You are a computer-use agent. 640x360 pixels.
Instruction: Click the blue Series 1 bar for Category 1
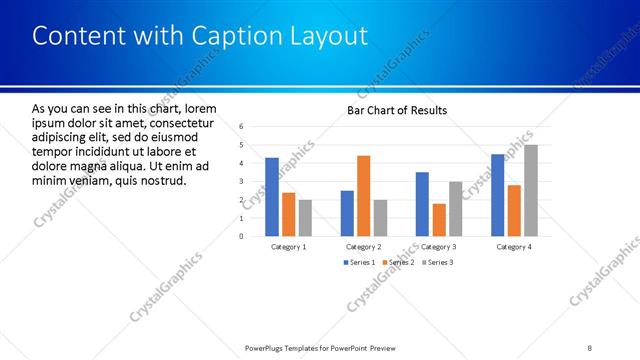[272, 197]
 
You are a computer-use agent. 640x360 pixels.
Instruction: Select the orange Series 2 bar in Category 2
[363, 196]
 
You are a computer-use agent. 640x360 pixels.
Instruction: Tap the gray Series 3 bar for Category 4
[530, 190]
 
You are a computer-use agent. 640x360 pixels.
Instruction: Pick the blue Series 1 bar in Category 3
[422, 204]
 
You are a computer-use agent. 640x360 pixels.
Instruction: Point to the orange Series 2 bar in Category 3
[438, 220]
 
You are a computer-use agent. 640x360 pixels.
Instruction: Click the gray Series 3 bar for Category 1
[305, 218]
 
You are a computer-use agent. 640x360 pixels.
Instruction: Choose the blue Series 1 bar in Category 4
[498, 195]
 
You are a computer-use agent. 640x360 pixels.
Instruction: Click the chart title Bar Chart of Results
[397, 110]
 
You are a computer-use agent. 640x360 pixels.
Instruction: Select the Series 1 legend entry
[359, 262]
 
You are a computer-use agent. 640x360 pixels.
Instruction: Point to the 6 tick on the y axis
[242, 126]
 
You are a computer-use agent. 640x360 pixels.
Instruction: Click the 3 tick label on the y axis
[242, 181]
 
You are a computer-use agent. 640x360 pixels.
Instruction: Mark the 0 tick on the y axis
[242, 236]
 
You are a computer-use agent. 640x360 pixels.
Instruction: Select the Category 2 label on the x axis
[363, 246]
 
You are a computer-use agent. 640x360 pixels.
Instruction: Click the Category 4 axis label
[514, 246]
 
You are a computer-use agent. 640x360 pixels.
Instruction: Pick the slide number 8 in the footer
[590, 348]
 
